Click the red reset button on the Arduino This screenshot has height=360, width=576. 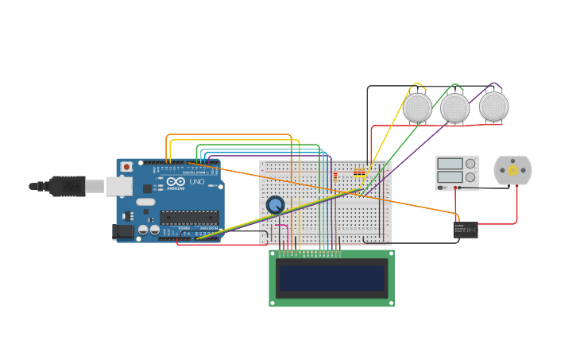click(126, 167)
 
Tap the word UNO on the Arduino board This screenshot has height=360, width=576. click(197, 182)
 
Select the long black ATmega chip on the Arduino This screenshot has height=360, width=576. click(189, 216)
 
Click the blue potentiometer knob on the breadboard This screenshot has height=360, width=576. click(275, 205)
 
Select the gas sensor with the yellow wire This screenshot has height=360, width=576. click(417, 107)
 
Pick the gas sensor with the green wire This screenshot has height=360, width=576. click(455, 108)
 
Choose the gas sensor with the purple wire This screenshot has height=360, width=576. click(493, 106)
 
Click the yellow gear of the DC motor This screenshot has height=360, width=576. click(512, 170)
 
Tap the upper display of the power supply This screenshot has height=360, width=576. click(449, 164)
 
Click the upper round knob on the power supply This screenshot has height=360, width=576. click(470, 164)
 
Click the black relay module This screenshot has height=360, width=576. click(466, 230)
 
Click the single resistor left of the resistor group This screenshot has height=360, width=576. click(335, 175)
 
